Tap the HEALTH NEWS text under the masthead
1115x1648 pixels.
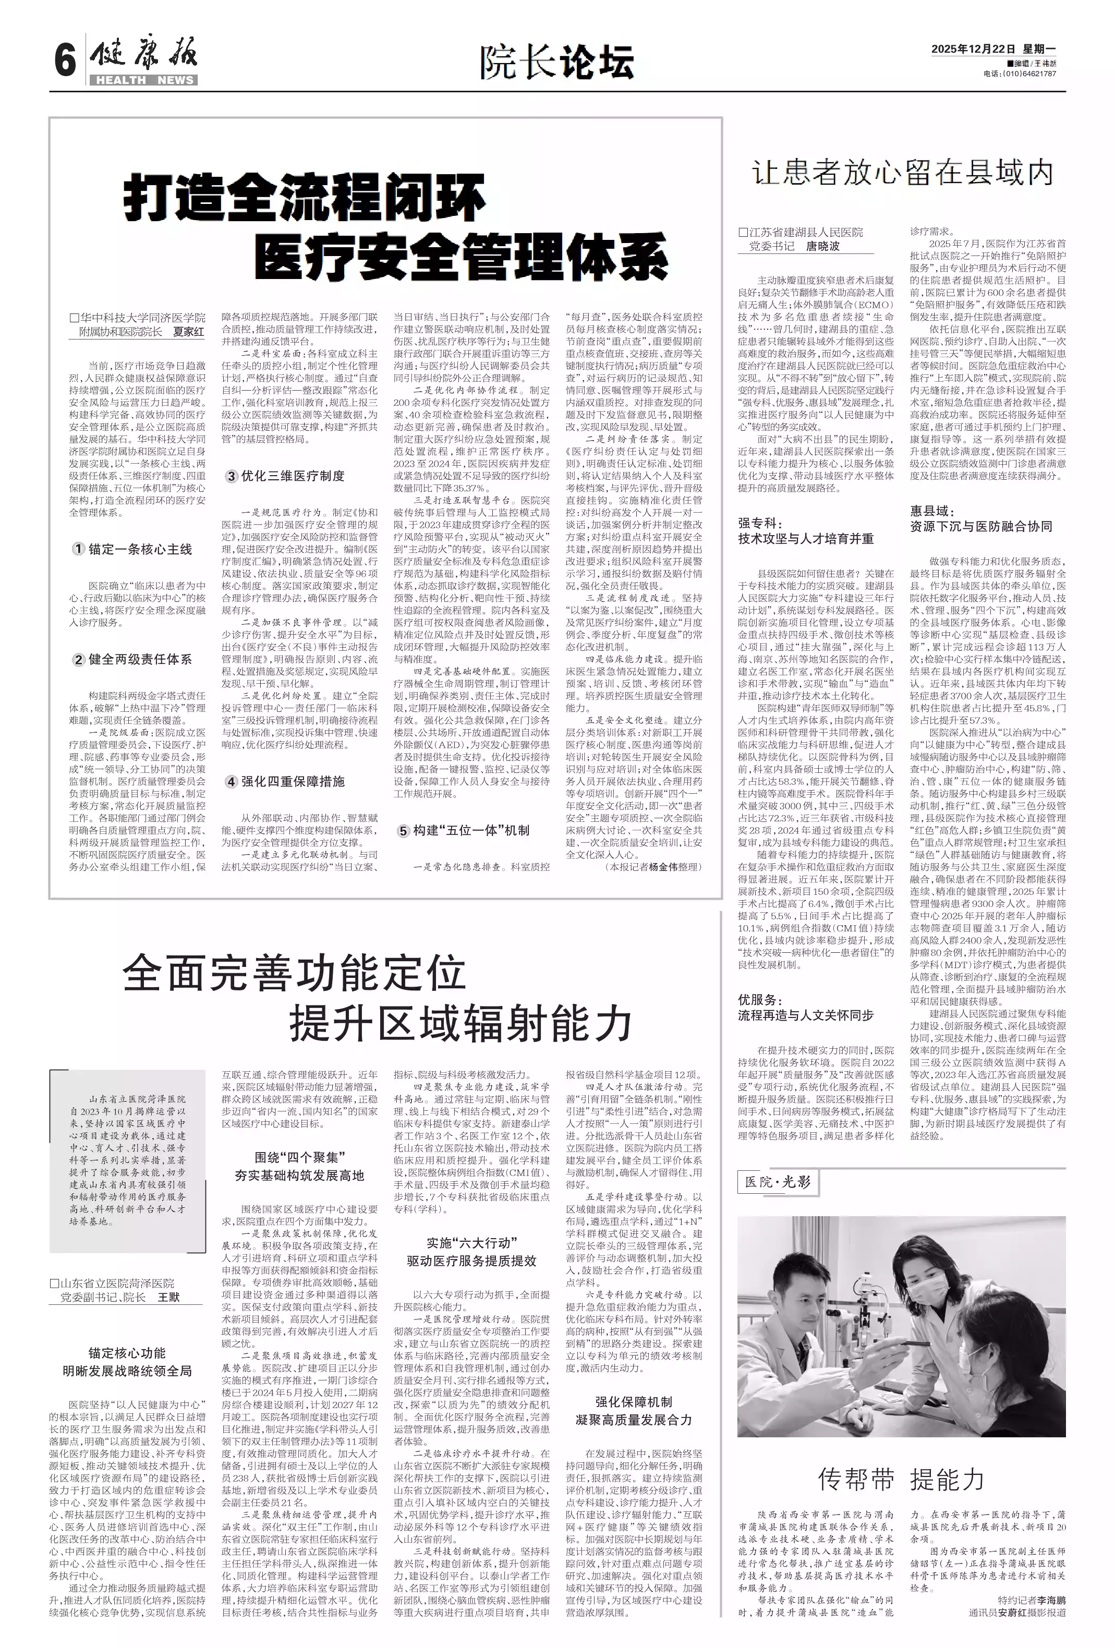pyautogui.click(x=144, y=80)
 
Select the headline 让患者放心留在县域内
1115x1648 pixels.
pyautogui.click(x=902, y=172)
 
